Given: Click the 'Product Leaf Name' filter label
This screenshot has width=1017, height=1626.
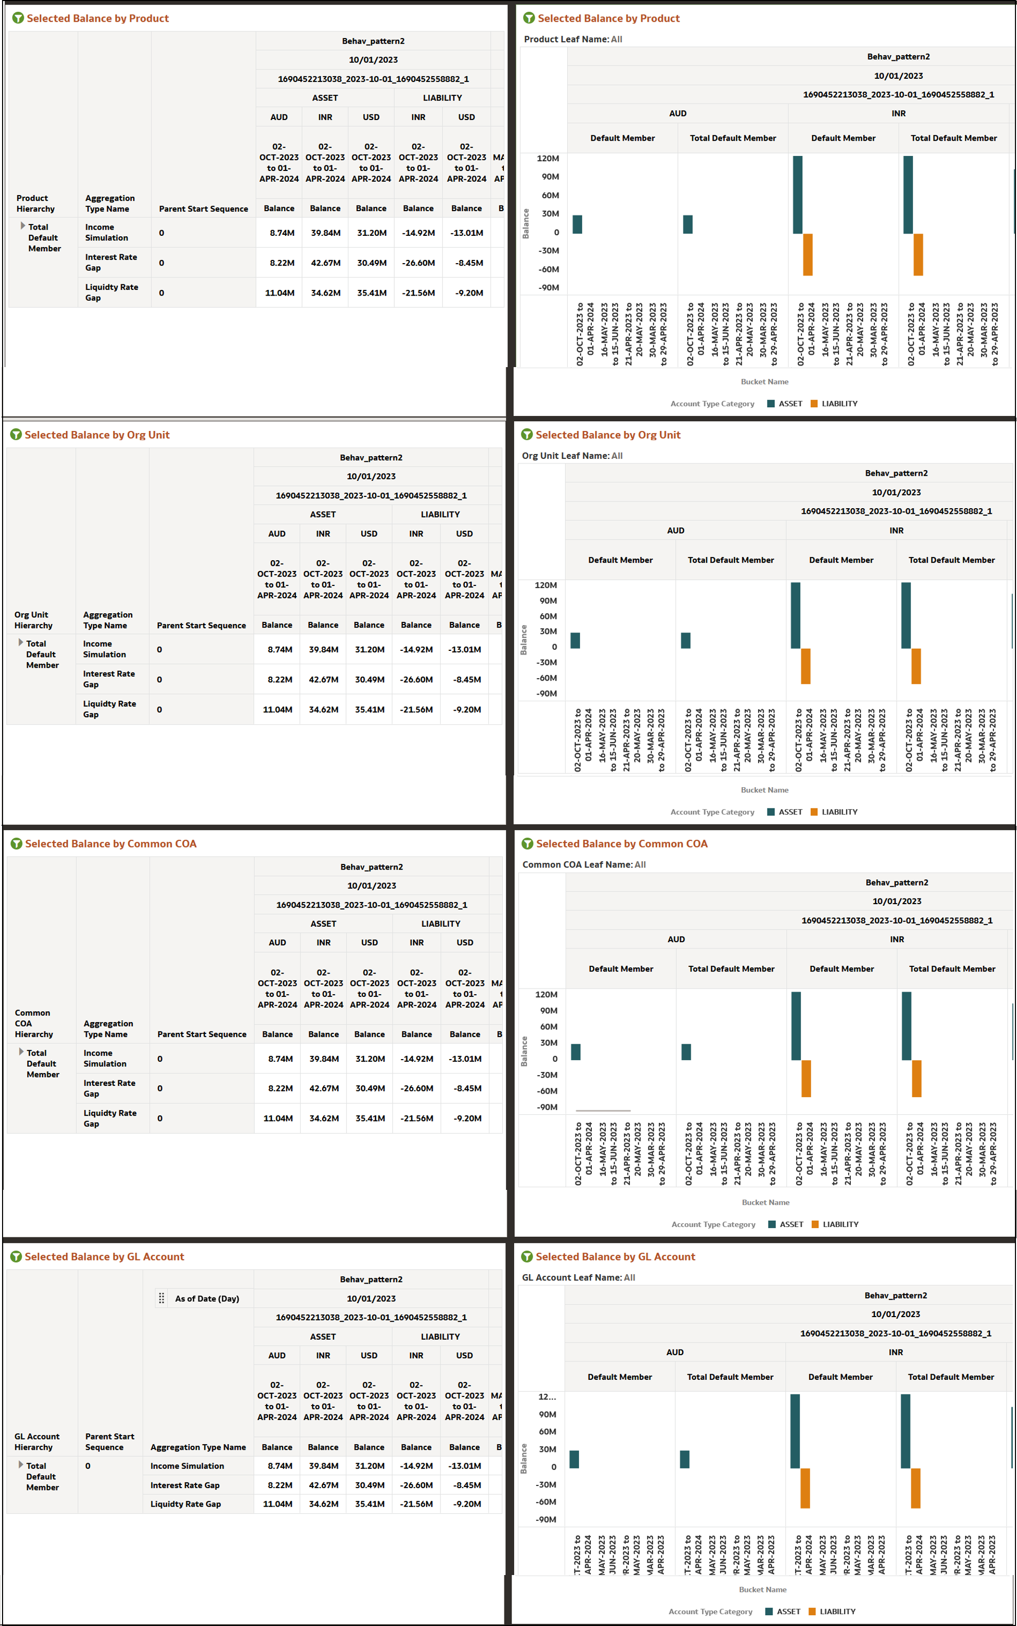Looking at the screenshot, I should pyautogui.click(x=566, y=39).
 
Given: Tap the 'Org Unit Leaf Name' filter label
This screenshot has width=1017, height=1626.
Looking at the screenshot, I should pyautogui.click(x=566, y=456).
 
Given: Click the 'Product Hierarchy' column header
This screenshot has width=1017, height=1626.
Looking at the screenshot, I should pyautogui.click(x=35, y=203).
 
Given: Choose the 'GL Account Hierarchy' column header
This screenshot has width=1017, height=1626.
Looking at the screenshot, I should pyautogui.click(x=37, y=1442).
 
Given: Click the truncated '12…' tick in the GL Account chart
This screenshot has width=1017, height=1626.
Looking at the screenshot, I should pyautogui.click(x=547, y=1396).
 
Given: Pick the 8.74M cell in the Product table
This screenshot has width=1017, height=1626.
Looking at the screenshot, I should pyautogui.click(x=282, y=233).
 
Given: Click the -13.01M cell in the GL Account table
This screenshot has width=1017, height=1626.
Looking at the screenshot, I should pyautogui.click(x=464, y=1466).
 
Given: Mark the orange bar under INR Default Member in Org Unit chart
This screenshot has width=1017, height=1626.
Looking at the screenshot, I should pyautogui.click(x=805, y=666).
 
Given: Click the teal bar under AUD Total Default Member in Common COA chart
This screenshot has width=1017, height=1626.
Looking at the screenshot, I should pyautogui.click(x=686, y=1051).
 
